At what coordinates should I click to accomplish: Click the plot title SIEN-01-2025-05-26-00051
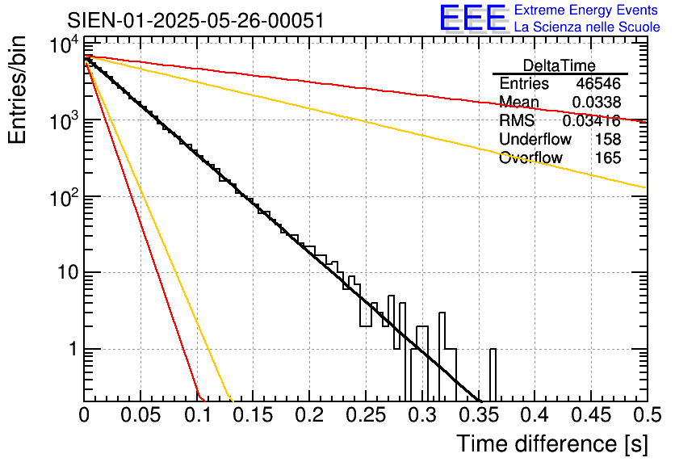click(196, 20)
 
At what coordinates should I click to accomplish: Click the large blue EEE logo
click(472, 19)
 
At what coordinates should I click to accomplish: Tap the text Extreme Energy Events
click(587, 10)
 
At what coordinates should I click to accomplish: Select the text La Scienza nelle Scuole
click(587, 27)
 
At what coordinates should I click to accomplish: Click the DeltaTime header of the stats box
click(560, 65)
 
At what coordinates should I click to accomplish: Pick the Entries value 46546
click(598, 84)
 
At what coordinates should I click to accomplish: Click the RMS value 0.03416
click(592, 121)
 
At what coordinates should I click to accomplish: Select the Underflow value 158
click(608, 139)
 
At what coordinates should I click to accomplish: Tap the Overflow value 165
click(608, 157)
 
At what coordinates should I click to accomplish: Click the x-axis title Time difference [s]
click(551, 443)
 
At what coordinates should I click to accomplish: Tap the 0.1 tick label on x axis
click(196, 416)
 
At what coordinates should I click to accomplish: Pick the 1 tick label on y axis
click(69, 349)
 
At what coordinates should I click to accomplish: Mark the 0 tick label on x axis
click(84, 416)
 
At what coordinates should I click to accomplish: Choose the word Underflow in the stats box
click(535, 139)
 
